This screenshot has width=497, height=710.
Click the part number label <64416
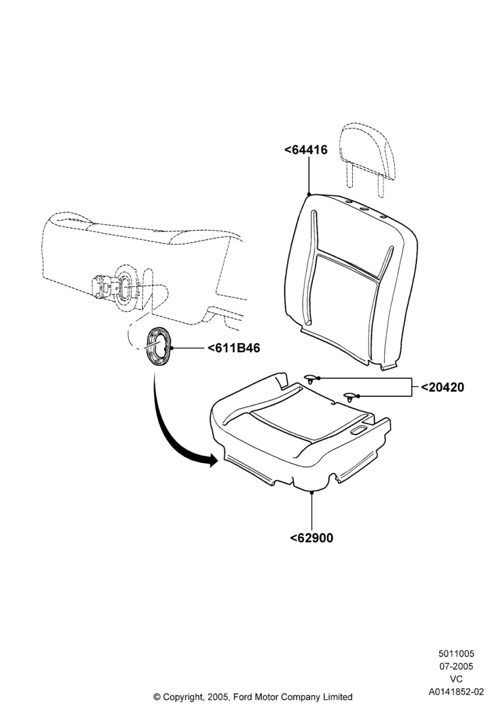(x=305, y=150)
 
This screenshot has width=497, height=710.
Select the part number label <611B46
(x=234, y=348)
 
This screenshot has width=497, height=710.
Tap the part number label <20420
(x=442, y=387)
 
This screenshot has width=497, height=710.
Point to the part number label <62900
(x=312, y=537)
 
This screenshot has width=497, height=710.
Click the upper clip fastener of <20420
(x=311, y=378)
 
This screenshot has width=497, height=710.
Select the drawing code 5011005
(x=457, y=653)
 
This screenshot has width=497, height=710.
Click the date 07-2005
(x=457, y=666)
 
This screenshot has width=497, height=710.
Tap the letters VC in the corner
(x=457, y=679)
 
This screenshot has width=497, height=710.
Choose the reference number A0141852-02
(x=457, y=692)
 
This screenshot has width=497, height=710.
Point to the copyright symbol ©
(x=157, y=697)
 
